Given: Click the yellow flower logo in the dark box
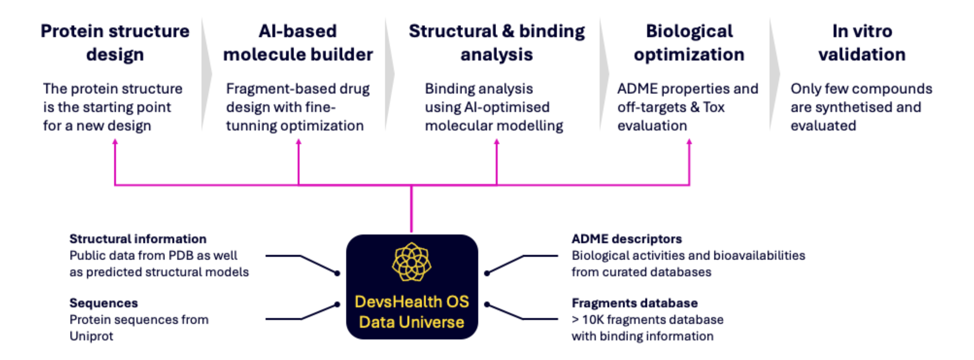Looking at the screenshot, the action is pyautogui.click(x=411, y=262).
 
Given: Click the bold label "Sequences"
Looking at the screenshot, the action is pyautogui.click(x=104, y=303).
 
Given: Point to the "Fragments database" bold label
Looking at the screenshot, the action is pyautogui.click(x=634, y=303).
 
